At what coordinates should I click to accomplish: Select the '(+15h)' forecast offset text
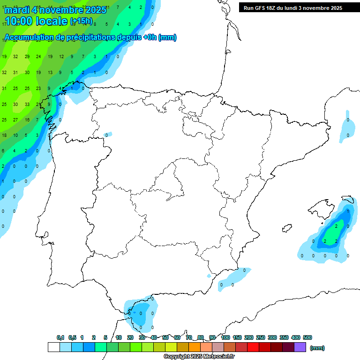[81, 21]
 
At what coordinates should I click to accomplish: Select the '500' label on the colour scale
[307, 337]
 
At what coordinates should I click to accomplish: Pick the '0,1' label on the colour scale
[60, 337]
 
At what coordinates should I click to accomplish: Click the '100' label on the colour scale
[225, 337]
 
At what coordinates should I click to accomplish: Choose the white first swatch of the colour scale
[53, 347]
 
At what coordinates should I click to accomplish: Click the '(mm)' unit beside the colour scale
[317, 348]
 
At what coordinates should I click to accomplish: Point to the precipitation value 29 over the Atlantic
[27, 57]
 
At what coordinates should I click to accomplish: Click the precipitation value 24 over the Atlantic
[38, 57]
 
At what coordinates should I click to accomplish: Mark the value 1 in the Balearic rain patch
[348, 211]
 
